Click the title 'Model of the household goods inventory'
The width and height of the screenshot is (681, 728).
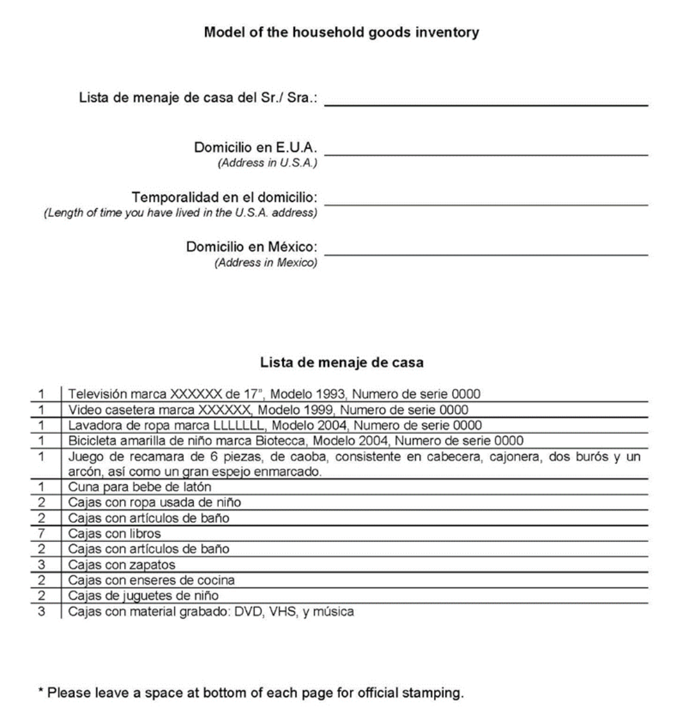click(341, 32)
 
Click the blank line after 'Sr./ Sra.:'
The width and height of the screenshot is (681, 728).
click(486, 105)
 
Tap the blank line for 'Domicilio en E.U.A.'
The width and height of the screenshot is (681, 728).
click(486, 154)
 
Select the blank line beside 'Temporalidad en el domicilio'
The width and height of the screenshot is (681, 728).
click(486, 204)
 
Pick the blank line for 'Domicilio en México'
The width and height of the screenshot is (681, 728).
click(486, 254)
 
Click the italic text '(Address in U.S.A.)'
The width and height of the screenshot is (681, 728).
click(267, 163)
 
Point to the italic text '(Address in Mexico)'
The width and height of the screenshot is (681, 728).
click(266, 262)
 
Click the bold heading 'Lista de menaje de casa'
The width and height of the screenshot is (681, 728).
click(341, 362)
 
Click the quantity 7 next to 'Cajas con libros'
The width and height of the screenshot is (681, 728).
click(41, 534)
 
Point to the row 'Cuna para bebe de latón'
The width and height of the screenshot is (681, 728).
click(140, 487)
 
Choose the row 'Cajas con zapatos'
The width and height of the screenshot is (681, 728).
click(122, 565)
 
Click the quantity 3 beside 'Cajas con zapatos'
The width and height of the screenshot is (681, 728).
click(41, 565)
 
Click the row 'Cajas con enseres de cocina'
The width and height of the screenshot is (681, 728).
click(152, 580)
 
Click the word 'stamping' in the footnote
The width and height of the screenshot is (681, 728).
click(440, 693)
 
